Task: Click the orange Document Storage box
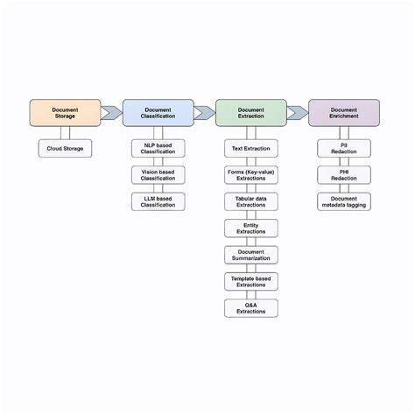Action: coord(65,112)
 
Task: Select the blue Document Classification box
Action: coord(158,112)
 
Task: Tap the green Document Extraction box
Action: coord(250,112)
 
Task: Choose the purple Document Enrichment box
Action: coord(344,112)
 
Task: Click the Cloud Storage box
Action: coord(65,149)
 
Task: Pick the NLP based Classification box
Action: coord(158,149)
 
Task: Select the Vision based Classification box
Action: coord(158,175)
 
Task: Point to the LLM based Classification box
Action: coord(158,201)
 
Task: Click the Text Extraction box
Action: coord(251,149)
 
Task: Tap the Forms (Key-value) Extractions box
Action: coord(251,175)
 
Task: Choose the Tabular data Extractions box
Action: coord(251,201)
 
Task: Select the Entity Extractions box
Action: coord(251,229)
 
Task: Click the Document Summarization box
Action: coord(251,255)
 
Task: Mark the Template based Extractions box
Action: coord(251,281)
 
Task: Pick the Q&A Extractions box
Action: coord(251,308)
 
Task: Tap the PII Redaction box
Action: coord(344,149)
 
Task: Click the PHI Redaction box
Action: coord(344,175)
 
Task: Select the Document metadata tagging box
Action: coord(344,201)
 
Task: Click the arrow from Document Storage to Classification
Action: coord(111,112)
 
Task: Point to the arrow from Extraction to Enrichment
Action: coord(298,112)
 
